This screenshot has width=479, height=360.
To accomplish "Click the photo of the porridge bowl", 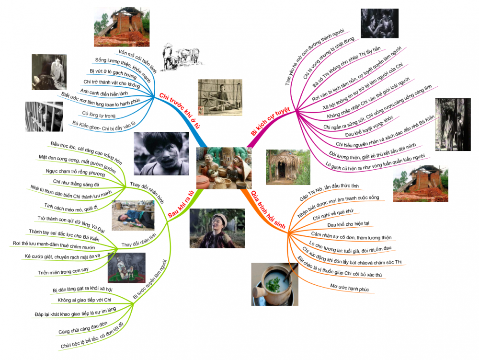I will (x=274, y=284).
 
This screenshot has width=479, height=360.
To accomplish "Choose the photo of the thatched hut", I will (x=285, y=168).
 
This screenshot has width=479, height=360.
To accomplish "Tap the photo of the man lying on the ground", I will (x=133, y=215).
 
